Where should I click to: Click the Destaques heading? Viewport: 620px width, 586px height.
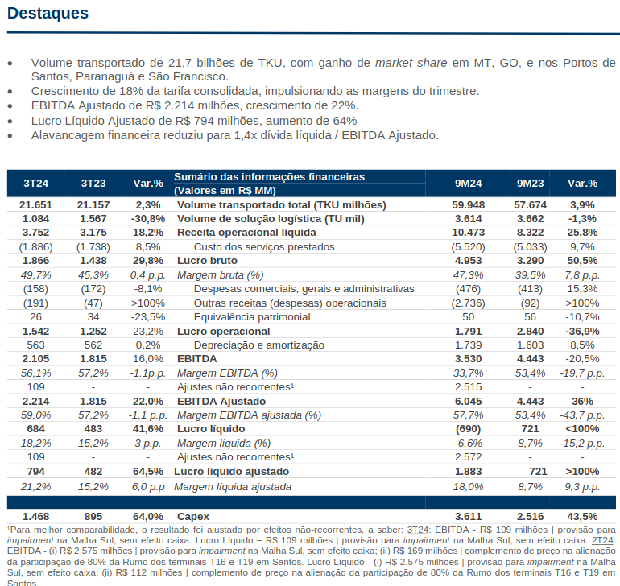[48, 14]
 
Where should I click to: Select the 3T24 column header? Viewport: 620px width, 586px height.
[35, 184]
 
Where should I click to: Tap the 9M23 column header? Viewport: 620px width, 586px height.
[530, 184]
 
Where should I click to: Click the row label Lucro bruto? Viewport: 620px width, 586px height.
[207, 261]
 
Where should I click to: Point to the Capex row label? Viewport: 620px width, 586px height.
[193, 517]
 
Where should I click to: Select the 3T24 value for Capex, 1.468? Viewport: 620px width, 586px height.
[35, 517]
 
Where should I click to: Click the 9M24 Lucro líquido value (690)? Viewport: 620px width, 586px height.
[468, 429]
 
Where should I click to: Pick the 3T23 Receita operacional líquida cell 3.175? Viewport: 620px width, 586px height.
[93, 233]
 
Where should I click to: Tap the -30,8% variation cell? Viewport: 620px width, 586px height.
[148, 219]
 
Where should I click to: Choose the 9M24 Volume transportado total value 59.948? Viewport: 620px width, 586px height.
[468, 205]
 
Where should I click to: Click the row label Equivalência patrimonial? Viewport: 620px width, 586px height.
[252, 317]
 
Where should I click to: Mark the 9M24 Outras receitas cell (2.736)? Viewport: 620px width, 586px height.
[468, 303]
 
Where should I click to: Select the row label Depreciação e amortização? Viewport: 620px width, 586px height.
[259, 345]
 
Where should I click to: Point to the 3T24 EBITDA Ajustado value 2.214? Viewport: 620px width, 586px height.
[35, 402]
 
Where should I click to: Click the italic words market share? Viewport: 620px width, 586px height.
[411, 63]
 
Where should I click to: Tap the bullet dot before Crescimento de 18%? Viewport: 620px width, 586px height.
[10, 92]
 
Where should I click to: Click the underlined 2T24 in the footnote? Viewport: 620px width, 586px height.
[604, 541]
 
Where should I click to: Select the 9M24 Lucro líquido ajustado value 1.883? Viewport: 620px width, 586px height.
[468, 472]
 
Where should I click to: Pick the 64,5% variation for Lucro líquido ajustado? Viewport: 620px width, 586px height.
[148, 472]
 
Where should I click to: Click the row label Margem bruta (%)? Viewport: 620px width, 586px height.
[221, 275]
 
